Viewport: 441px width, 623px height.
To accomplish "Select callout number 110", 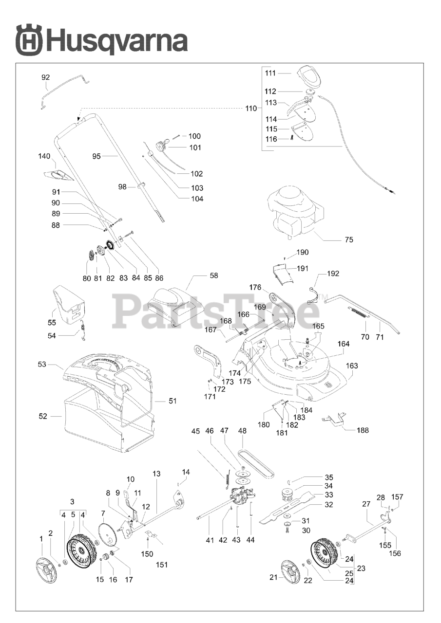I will click(250, 109).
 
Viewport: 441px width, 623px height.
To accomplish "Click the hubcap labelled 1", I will click(47, 570).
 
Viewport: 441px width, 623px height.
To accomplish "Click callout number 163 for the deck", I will click(352, 366).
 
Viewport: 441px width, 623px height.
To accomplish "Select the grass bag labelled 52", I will click(93, 423).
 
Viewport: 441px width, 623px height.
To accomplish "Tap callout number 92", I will click(45, 77).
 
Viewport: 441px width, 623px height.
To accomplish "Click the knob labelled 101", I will click(161, 145).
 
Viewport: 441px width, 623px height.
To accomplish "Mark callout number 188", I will click(363, 430).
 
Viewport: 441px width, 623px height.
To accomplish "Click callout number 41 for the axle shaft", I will click(210, 540).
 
